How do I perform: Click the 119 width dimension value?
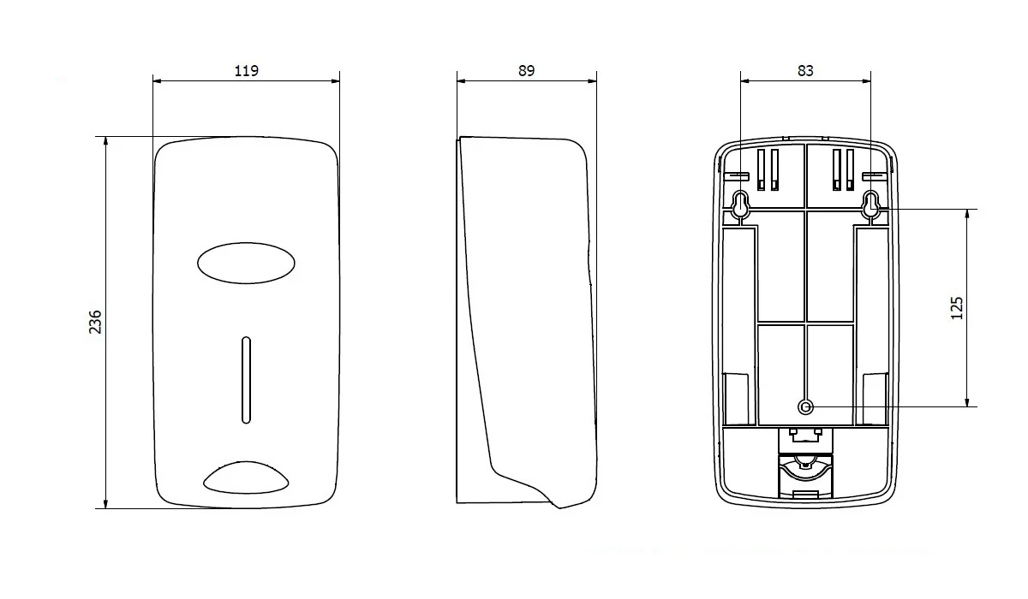click(x=247, y=70)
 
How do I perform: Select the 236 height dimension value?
click(x=95, y=322)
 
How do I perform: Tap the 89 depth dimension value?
click(x=526, y=70)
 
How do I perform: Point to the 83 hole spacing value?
click(x=805, y=70)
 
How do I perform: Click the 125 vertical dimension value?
click(x=956, y=308)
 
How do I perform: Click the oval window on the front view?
click(x=246, y=263)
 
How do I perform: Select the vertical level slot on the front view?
click(x=246, y=380)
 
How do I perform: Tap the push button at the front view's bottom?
click(x=246, y=477)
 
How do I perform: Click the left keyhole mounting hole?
click(x=740, y=204)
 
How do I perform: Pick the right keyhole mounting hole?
click(x=870, y=204)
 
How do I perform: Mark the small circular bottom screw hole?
click(x=805, y=406)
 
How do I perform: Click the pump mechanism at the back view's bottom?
click(x=805, y=464)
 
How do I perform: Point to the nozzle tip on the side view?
click(x=559, y=507)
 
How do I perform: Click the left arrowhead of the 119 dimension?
click(x=157, y=81)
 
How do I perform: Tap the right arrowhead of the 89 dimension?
click(x=593, y=81)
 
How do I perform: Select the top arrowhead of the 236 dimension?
click(x=105, y=140)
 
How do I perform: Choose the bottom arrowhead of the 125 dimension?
click(x=967, y=402)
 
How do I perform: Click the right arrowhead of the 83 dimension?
click(x=866, y=81)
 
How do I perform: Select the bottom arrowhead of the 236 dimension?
click(x=105, y=504)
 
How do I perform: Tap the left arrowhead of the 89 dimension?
click(x=461, y=81)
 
